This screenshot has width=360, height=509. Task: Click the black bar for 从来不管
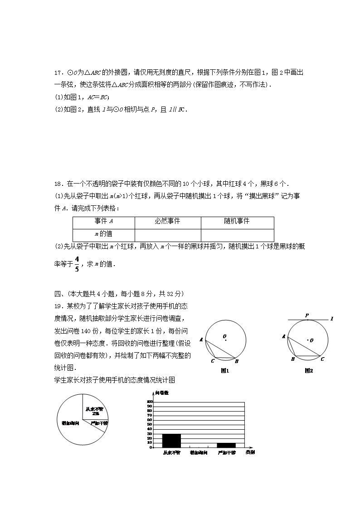pyautogui.click(x=171, y=441)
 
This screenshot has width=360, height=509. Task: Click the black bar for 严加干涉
pyautogui.click(x=226, y=445)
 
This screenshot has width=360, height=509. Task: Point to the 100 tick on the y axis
pyautogui.click(x=150, y=402)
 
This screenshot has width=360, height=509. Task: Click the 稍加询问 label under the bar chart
pyautogui.click(x=199, y=453)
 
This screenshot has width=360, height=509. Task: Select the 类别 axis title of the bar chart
pyautogui.click(x=250, y=452)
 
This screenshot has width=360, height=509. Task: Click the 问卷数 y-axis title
pyautogui.click(x=162, y=393)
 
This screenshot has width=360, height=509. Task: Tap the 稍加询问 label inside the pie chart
pyautogui.click(x=71, y=423)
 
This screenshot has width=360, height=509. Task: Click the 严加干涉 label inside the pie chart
pyautogui.click(x=99, y=423)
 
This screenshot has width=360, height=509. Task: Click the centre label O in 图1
pyautogui.click(x=224, y=336)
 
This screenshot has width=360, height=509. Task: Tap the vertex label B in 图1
pyautogui.click(x=237, y=361)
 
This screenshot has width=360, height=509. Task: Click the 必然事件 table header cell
pyautogui.click(x=168, y=221)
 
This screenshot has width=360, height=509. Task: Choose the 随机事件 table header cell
pyautogui.click(x=237, y=221)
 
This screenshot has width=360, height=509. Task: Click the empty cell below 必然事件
pyautogui.click(x=168, y=234)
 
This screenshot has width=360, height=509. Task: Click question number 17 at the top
pyautogui.click(x=58, y=73)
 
